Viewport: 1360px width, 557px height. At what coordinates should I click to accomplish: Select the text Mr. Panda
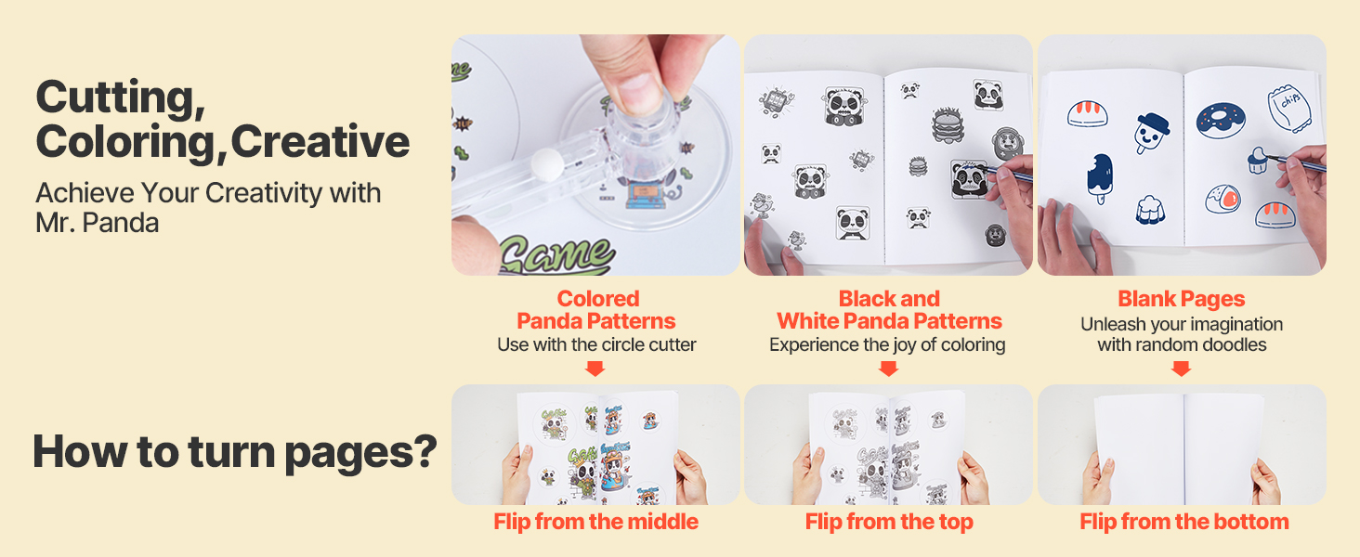coord(98,223)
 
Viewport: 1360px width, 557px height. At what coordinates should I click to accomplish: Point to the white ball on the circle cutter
coord(547,164)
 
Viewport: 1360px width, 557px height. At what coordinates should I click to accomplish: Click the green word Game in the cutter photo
coord(556,255)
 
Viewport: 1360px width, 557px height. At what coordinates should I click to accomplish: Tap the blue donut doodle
coord(1221,120)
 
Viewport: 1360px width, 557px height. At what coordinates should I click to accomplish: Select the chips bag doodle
coord(1289,108)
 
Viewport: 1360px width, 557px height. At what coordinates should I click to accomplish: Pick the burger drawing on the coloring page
coord(948,125)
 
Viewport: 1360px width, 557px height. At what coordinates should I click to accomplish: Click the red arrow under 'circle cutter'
coord(595,369)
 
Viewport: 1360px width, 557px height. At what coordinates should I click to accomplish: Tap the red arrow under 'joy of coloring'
coord(888,369)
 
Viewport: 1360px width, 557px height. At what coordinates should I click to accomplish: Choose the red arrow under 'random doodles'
coord(1181,369)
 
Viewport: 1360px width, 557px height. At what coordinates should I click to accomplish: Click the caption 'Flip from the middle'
coord(595,522)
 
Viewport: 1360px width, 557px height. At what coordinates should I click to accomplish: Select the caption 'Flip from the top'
coord(889,522)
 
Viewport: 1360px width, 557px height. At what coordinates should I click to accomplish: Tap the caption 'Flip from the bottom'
coord(1183,522)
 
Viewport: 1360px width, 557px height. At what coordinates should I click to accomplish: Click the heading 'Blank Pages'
coord(1182,299)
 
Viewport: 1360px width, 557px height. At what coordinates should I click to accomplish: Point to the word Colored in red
coord(598,299)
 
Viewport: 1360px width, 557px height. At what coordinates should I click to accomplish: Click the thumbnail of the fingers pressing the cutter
coord(595,155)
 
